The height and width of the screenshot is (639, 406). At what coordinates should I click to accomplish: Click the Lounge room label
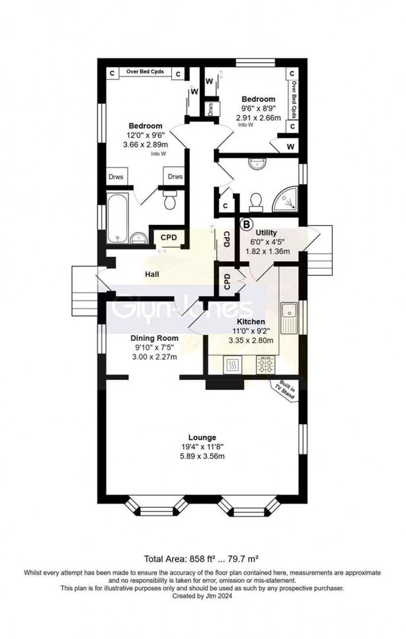coord(202,437)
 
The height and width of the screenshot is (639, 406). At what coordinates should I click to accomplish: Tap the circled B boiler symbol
coord(247,224)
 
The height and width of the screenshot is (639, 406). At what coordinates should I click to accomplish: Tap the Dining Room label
coord(154,338)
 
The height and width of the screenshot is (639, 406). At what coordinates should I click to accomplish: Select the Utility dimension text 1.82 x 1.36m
coord(267,251)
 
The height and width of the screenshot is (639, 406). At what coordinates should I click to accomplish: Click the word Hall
coord(152,274)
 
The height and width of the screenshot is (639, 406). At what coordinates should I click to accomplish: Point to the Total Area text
coord(202,558)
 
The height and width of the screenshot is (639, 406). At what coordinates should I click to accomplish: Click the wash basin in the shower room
coord(257,163)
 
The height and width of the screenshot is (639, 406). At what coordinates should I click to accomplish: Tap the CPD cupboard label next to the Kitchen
coord(227,281)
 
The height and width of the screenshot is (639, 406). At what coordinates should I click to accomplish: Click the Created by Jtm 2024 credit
coord(202,596)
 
